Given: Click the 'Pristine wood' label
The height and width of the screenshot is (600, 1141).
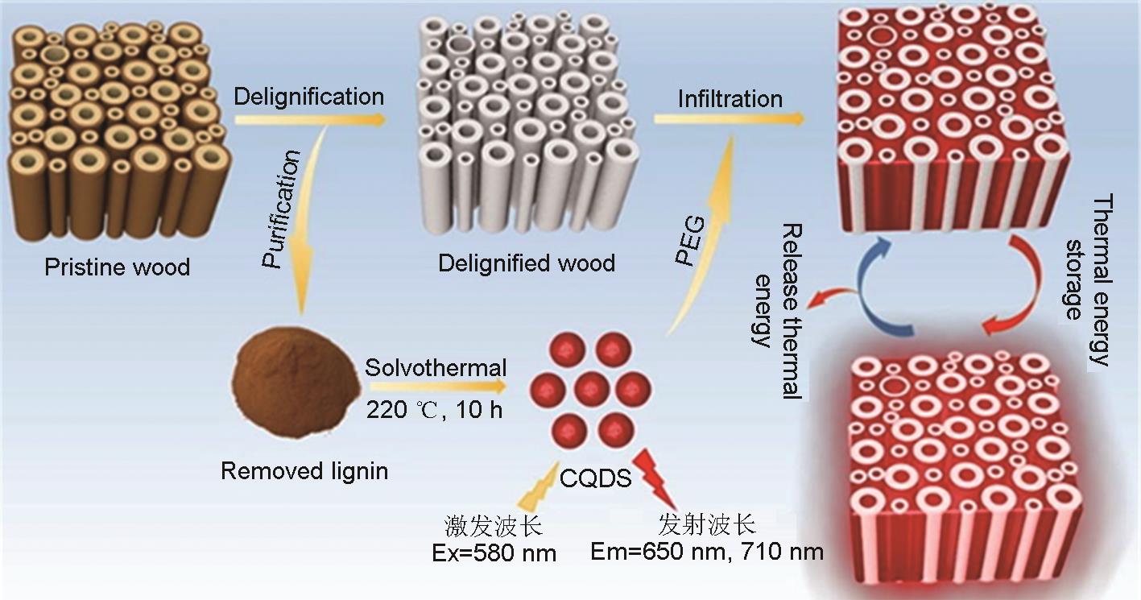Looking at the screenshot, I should click(118, 267).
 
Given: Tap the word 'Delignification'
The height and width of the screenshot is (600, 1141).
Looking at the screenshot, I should click(309, 97).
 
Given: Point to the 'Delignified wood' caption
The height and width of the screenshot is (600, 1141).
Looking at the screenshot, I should click(527, 263).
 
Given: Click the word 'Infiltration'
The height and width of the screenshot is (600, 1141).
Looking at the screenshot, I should click(730, 99).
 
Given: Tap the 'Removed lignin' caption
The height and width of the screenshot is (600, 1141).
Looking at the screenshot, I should click(304, 470).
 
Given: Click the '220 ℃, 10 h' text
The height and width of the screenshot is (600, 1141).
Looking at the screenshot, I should click(435, 409).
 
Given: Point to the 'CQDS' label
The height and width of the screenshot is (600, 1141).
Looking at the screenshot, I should click(595, 479).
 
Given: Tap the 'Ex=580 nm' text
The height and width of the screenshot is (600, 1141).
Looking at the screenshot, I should click(493, 553).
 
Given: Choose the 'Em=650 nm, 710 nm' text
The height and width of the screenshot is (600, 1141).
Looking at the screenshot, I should click(707, 552).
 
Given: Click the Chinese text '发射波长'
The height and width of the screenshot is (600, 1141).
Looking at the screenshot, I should click(707, 526).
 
